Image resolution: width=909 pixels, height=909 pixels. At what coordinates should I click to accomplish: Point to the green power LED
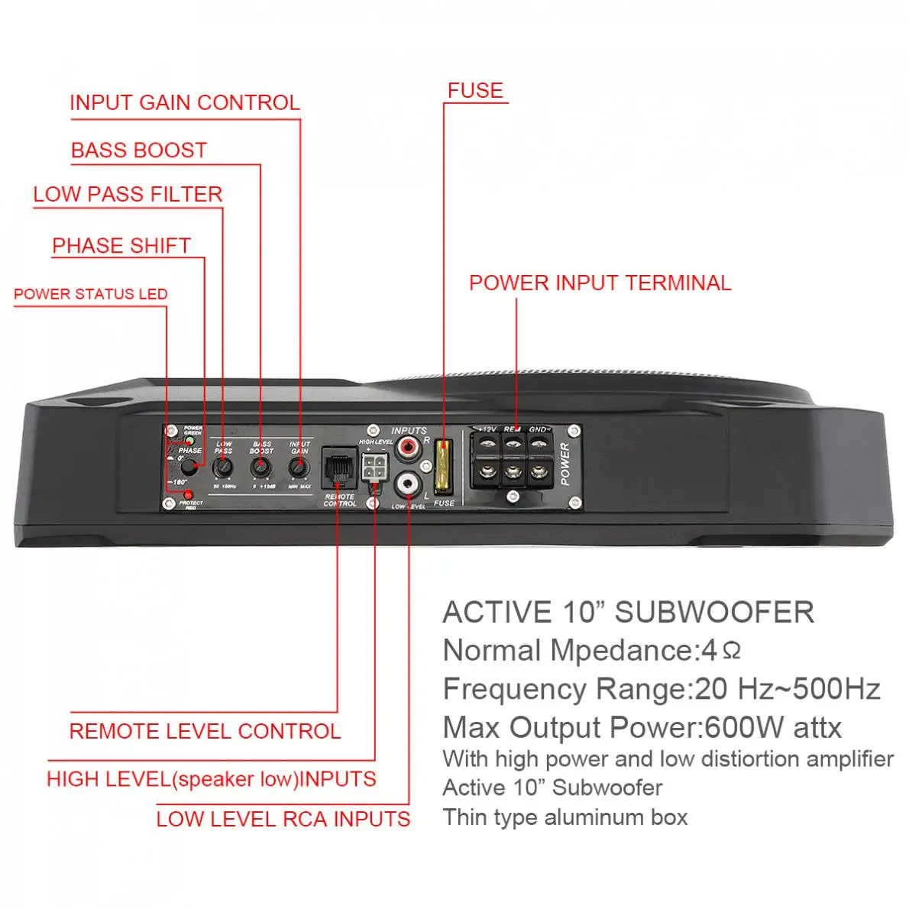pyautogui.click(x=189, y=441)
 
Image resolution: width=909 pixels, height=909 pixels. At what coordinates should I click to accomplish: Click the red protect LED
pyautogui.click(x=188, y=495)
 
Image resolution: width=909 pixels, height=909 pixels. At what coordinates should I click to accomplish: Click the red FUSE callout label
pyautogui.click(x=475, y=91)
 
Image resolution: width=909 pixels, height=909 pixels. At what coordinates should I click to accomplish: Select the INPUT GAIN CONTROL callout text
pyautogui.click(x=185, y=103)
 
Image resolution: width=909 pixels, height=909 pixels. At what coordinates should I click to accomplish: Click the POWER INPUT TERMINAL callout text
pyautogui.click(x=600, y=283)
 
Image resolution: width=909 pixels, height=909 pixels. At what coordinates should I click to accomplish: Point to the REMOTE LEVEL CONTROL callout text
pyautogui.click(x=205, y=731)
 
